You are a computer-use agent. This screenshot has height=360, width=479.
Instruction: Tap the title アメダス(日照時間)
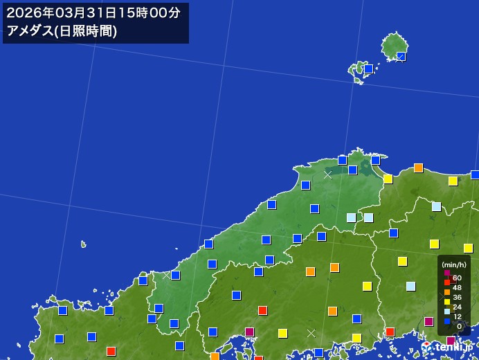[62, 30]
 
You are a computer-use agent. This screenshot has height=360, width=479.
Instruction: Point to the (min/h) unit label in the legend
[453, 264]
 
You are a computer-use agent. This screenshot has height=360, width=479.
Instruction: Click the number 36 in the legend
[457, 297]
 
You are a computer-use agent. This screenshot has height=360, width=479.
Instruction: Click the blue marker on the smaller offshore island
[369, 69]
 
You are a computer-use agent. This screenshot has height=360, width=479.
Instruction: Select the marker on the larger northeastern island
[401, 56]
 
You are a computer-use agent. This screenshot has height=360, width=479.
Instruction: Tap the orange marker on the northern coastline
[418, 168]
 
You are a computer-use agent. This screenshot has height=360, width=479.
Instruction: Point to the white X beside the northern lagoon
[327, 175]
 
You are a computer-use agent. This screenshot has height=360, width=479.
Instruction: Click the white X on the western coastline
[166, 276]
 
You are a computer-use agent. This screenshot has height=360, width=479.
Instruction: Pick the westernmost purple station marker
[250, 332]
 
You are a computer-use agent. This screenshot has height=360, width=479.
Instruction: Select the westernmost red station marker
[111, 351]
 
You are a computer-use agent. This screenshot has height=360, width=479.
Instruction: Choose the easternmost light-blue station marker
[436, 206]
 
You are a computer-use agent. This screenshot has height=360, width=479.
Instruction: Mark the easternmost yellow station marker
[468, 248]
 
